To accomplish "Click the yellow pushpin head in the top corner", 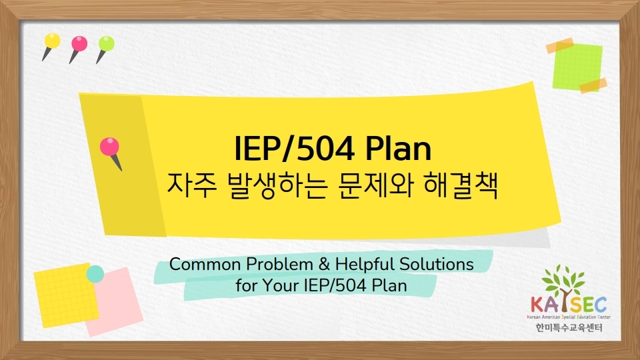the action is click(x=52, y=41).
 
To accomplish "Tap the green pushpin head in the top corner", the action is click(x=107, y=44).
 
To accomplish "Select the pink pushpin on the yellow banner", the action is click(x=111, y=153).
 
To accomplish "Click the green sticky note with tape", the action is click(x=577, y=66).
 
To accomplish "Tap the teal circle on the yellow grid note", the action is click(x=95, y=274).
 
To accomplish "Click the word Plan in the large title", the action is click(x=398, y=149).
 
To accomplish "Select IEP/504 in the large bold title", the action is click(x=295, y=149).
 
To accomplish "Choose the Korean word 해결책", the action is click(x=461, y=186).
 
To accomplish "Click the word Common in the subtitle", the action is click(x=205, y=265).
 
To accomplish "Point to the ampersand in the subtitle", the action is click(x=324, y=264).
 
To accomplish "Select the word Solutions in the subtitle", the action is click(x=436, y=264).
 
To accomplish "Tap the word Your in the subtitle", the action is click(x=281, y=285).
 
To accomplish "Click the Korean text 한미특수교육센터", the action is click(x=569, y=327).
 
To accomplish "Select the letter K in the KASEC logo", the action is click(x=538, y=305).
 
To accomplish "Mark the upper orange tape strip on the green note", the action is click(x=560, y=45).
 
